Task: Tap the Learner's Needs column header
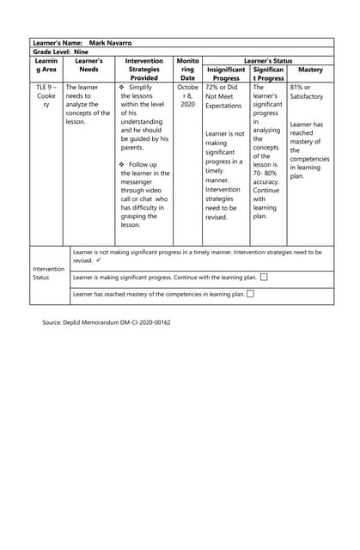tap(88, 70)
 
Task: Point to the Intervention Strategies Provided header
tap(143, 70)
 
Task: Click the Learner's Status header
tap(268, 61)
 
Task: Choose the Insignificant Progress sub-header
tap(226, 74)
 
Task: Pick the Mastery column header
tap(310, 70)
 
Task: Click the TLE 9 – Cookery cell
tap(46, 96)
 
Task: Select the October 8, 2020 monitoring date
tap(187, 95)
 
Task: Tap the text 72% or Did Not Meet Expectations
tap(225, 96)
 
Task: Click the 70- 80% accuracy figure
tap(265, 177)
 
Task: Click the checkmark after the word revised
tap(100, 260)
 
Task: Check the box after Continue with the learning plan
tap(264, 277)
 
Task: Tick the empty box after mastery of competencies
tap(250, 294)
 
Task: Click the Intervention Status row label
tap(48, 273)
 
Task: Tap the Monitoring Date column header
tap(187, 70)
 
